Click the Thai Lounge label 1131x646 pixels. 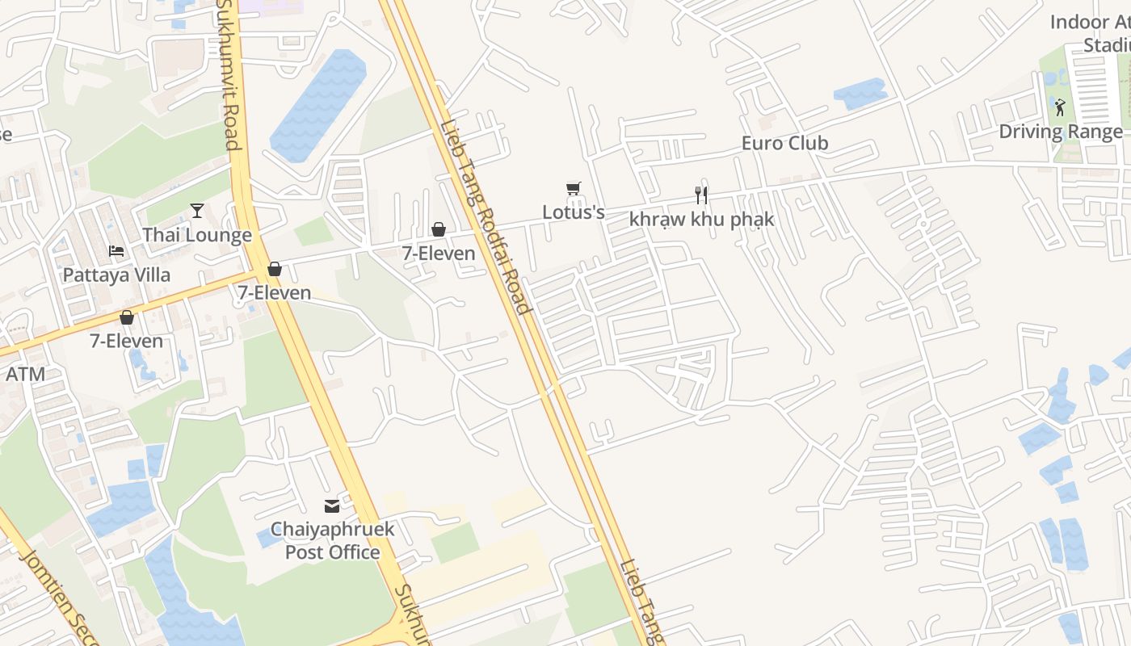(x=197, y=235)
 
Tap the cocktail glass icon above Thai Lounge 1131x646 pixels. (x=197, y=211)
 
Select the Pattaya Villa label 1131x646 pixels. (x=116, y=275)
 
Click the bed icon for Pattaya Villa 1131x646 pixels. (x=116, y=251)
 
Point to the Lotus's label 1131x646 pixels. (x=574, y=212)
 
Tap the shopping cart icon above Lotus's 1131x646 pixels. (x=574, y=189)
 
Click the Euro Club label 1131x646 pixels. (x=784, y=143)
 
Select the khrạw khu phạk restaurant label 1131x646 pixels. (x=701, y=219)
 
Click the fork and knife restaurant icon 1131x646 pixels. (x=701, y=195)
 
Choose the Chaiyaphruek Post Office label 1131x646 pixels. (x=332, y=541)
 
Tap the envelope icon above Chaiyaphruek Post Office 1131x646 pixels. (x=332, y=506)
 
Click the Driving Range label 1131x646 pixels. (x=1061, y=132)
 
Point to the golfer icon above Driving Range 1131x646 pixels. (x=1060, y=107)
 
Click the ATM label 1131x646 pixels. (x=25, y=374)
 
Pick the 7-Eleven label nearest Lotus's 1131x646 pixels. (x=439, y=254)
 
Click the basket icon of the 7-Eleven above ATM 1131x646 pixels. (x=127, y=317)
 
